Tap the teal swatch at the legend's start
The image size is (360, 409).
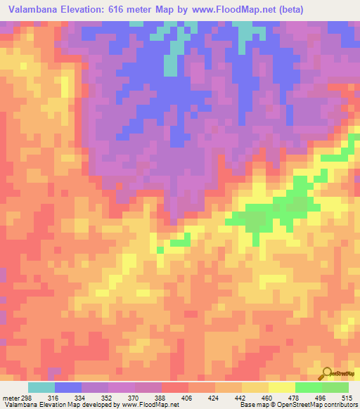[x=41, y=388]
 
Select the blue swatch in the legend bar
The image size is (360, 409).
[x=68, y=388]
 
